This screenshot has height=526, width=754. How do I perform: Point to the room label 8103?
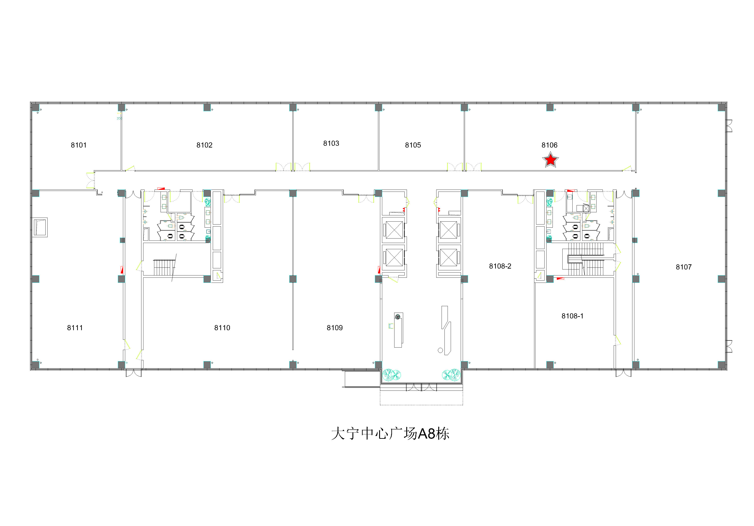(331, 143)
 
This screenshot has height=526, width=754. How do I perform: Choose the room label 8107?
(684, 267)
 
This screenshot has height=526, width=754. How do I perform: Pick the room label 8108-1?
(572, 316)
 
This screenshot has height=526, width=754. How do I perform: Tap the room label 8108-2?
(500, 266)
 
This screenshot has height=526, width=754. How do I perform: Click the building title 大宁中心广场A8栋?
(390, 434)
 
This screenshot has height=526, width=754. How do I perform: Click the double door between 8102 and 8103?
(293, 167)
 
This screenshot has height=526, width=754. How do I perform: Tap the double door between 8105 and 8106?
(464, 167)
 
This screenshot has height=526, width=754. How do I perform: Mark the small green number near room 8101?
(119, 119)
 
